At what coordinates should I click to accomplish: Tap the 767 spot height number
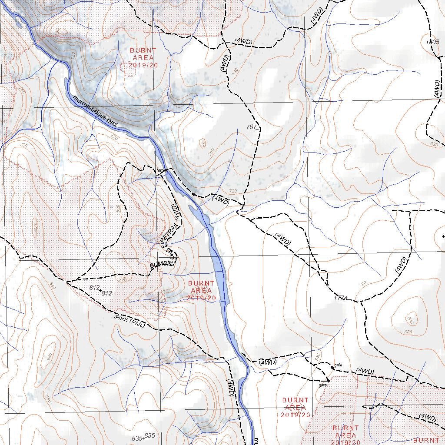click(251, 127)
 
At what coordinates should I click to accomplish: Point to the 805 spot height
click(434, 42)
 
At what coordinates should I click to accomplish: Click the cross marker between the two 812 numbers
click(100, 290)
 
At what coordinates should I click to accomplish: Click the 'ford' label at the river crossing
click(159, 170)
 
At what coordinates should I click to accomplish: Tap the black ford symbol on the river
click(165, 171)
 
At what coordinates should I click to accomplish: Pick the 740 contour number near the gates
click(317, 356)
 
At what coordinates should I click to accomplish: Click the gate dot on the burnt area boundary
click(329, 381)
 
